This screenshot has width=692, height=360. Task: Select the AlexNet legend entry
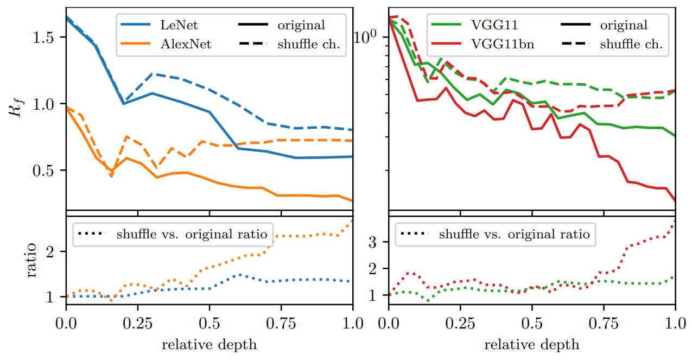point(186,44)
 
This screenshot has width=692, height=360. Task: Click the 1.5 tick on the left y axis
point(48,37)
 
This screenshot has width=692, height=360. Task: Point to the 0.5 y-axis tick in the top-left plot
point(48,170)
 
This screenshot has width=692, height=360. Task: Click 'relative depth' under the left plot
point(209,344)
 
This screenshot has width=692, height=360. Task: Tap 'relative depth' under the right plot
point(532,344)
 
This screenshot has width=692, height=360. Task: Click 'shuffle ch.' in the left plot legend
point(309,44)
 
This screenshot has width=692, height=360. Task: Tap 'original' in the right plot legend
point(623,25)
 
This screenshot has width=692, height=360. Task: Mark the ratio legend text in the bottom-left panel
point(192,234)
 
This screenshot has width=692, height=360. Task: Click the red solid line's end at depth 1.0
point(675,201)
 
